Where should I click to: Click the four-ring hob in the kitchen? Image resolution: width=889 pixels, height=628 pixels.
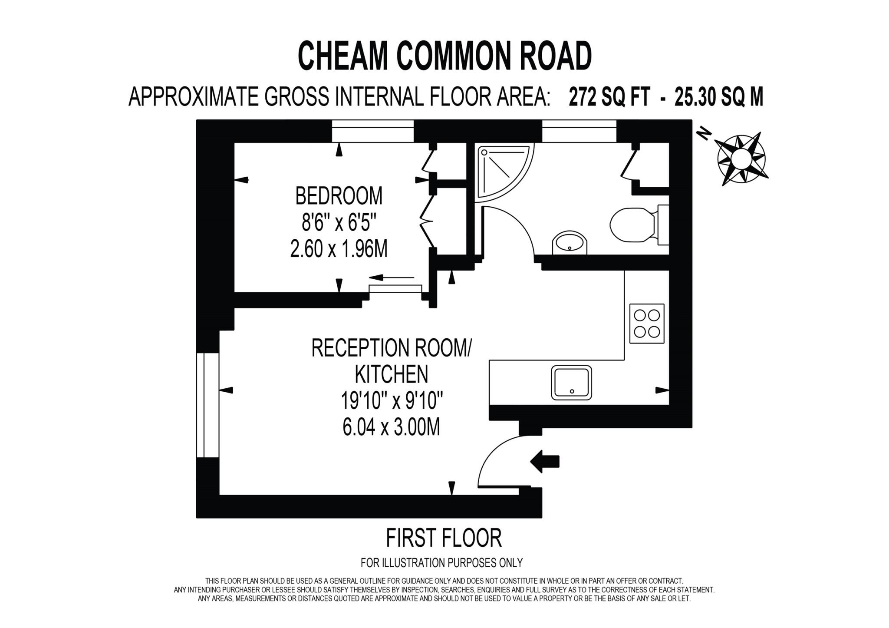[646, 323]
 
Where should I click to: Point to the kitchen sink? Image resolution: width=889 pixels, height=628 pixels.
[571, 382]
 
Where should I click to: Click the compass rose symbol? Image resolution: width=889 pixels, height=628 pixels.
[741, 158]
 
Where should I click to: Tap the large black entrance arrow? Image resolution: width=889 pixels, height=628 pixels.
[545, 461]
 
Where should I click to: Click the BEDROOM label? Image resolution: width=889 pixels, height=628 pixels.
[339, 196]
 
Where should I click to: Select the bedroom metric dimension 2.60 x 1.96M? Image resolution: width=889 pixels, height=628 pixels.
[339, 250]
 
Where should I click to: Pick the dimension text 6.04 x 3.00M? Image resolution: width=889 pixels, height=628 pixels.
[391, 427]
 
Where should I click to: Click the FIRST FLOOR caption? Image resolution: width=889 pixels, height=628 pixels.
[444, 538]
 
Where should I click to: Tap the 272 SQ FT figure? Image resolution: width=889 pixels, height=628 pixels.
[609, 97]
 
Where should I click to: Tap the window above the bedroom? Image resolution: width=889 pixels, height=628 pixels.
[372, 131]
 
